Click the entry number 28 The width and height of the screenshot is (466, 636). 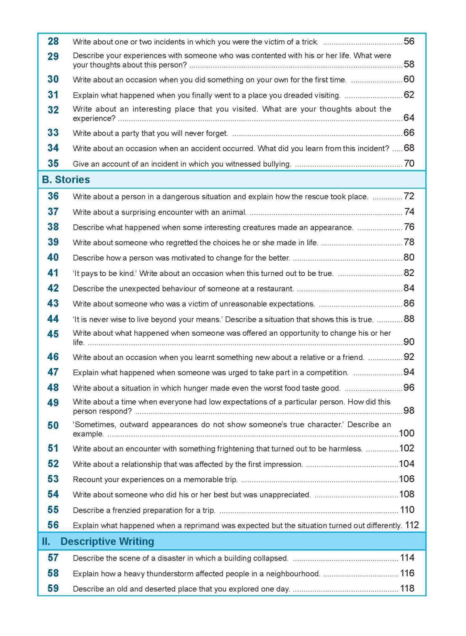[53, 41]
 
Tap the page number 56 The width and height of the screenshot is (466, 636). [409, 41]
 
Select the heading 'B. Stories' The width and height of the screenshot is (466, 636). [66, 180]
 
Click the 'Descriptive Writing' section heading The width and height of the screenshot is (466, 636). [107, 541]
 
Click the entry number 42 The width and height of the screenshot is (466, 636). [53, 288]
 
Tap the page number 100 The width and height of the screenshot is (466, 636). [406, 433]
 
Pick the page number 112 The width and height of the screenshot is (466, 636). [412, 525]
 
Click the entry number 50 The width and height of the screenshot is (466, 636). [53, 425]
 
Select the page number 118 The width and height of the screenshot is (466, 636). [407, 588]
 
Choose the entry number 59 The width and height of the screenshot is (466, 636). [53, 588]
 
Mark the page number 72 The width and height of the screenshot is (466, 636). [409, 196]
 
